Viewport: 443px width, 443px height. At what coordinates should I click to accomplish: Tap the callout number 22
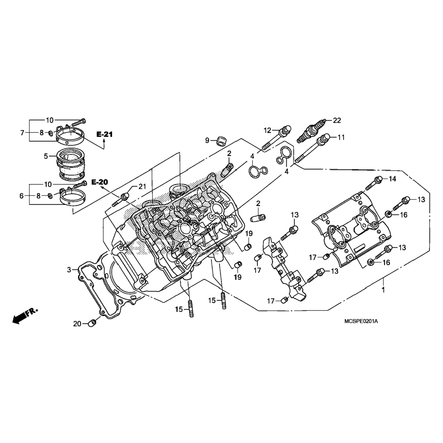click(x=337, y=120)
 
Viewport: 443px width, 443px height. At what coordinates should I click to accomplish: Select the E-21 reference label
click(x=105, y=135)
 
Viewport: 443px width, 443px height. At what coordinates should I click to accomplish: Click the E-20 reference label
click(x=100, y=182)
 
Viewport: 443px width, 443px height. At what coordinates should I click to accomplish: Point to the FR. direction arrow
click(x=25, y=315)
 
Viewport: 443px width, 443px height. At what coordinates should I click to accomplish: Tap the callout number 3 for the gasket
click(x=69, y=270)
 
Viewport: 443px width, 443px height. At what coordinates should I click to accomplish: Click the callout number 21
click(x=142, y=186)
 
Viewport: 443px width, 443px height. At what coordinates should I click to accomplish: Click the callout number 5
click(x=46, y=156)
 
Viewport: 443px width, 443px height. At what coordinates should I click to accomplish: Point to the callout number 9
click(x=207, y=140)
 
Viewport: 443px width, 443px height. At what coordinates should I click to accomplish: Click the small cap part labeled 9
click(x=220, y=141)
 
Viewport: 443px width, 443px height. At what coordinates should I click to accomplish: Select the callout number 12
click(x=267, y=130)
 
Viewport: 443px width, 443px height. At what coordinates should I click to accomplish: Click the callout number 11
click(x=341, y=137)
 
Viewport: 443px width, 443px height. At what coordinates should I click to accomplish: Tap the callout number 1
click(x=383, y=290)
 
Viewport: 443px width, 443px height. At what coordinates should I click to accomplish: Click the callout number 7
click(x=22, y=133)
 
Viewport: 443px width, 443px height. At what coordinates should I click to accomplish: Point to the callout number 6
click(x=22, y=196)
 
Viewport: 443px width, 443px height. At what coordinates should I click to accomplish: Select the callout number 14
click(x=392, y=179)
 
